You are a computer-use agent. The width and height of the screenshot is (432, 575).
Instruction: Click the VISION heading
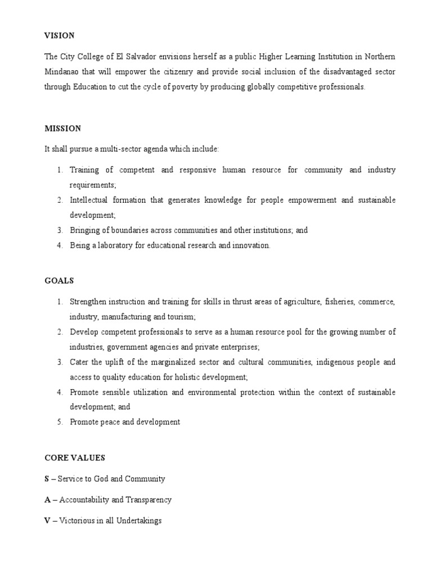point(59,35)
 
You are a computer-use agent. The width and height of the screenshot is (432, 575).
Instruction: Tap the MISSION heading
point(63,129)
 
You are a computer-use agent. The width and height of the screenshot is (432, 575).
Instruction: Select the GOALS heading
point(59,280)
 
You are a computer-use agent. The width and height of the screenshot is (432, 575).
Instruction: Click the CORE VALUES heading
point(75,458)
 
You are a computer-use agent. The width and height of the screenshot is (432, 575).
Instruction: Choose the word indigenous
point(323,362)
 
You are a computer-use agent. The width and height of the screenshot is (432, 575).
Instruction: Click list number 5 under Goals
point(59,422)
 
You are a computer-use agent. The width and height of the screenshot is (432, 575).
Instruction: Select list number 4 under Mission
point(59,245)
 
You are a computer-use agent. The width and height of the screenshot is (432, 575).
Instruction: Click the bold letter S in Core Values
point(47,479)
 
